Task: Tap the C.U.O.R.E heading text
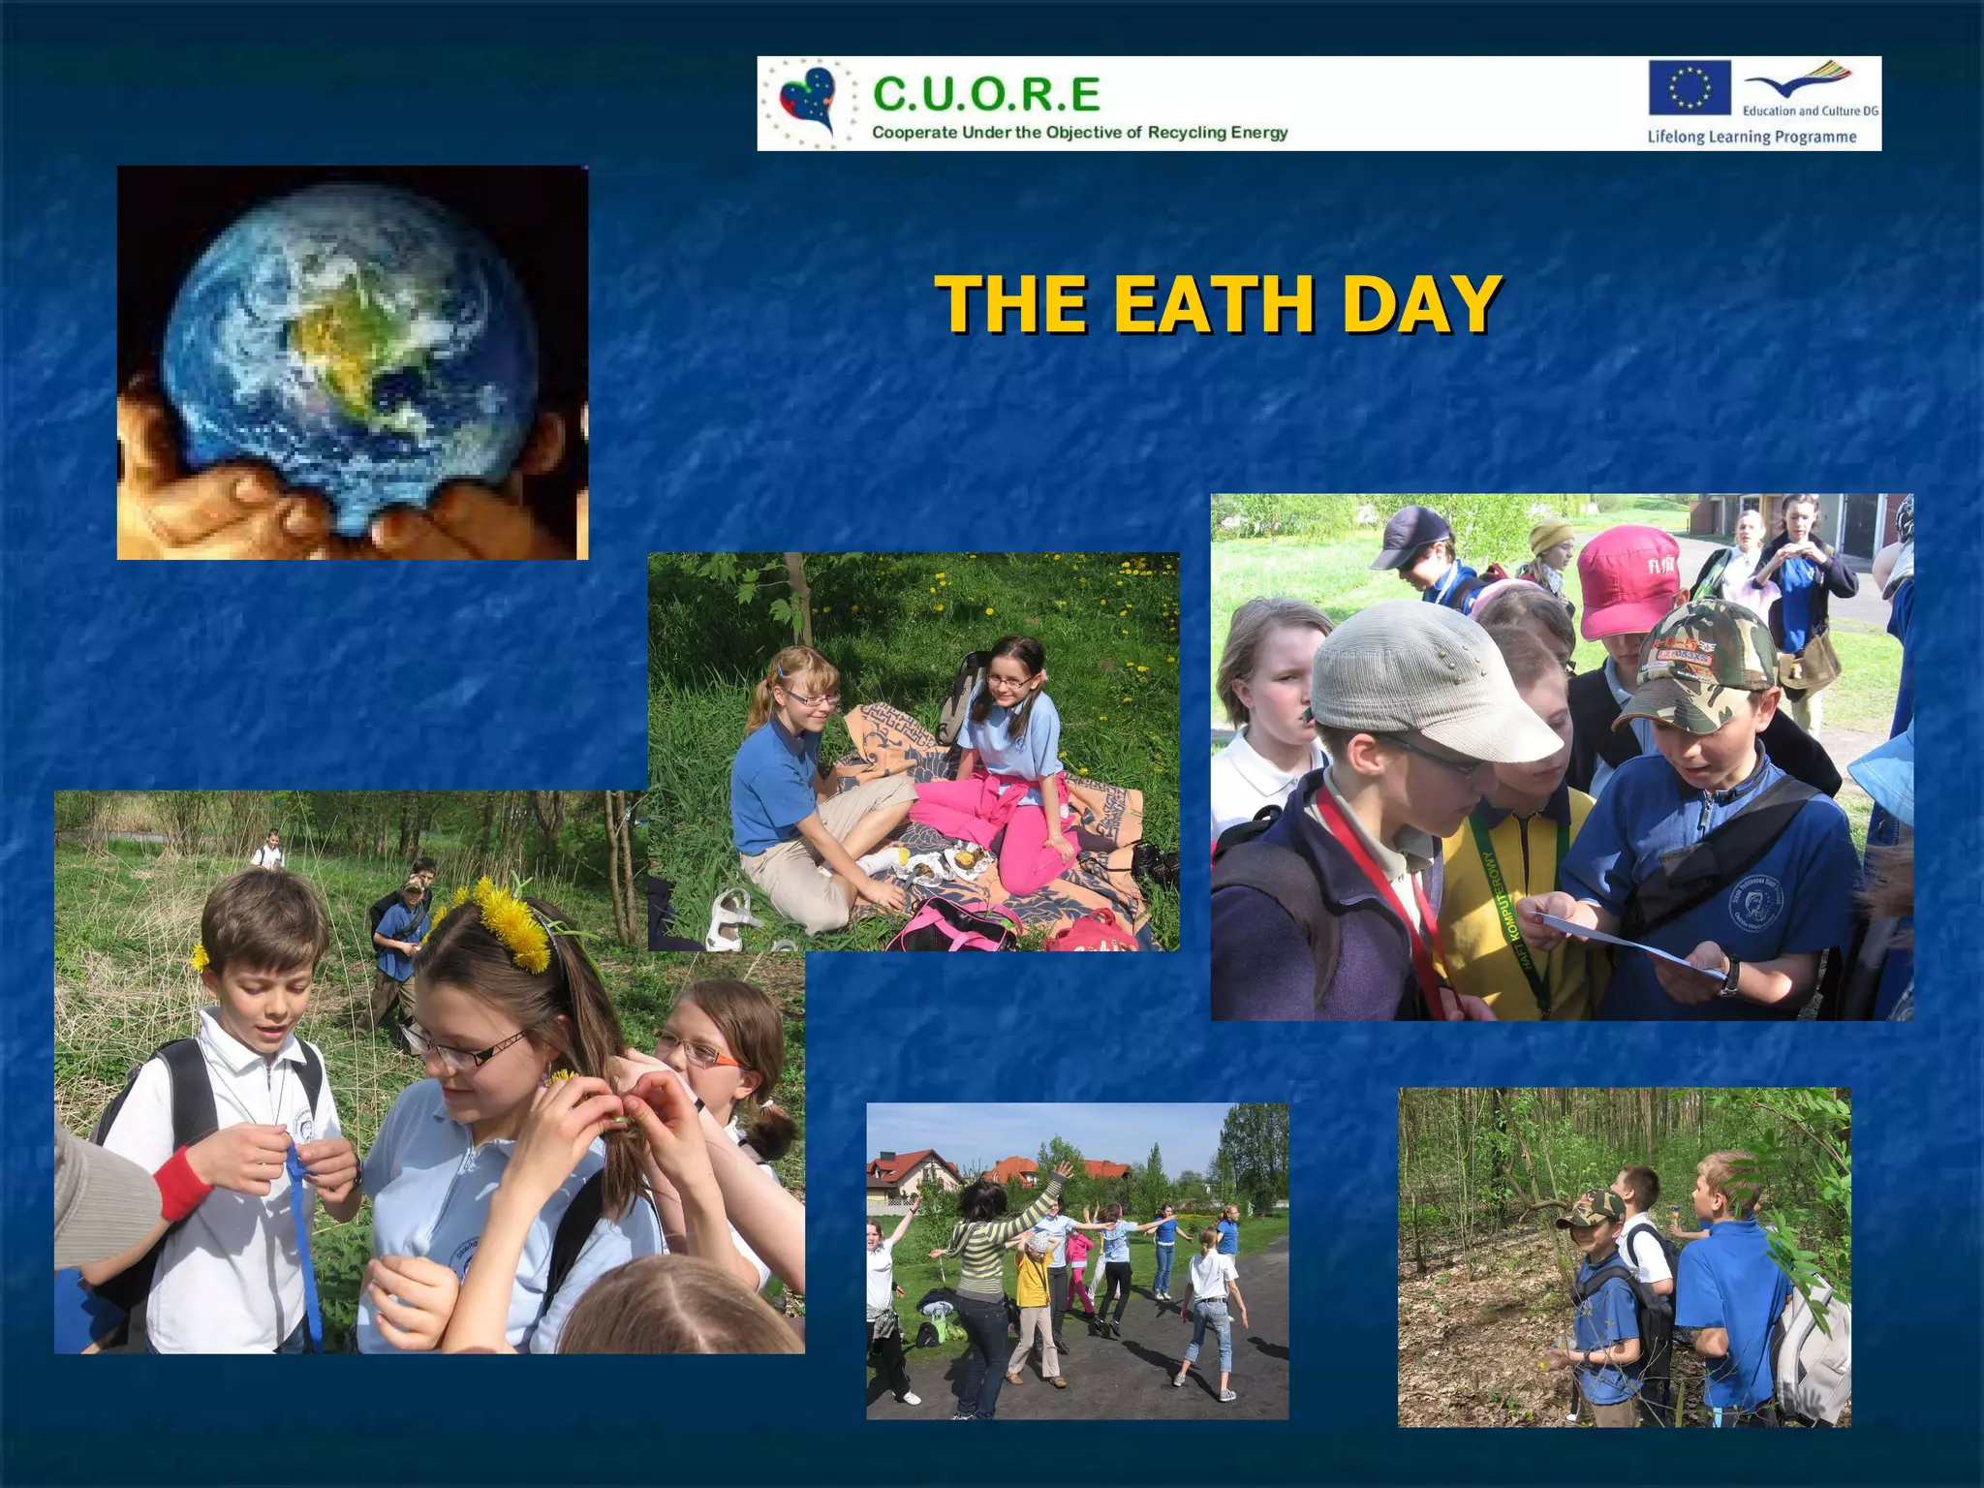(x=986, y=95)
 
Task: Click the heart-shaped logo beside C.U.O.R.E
(x=809, y=101)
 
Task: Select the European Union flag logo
(x=1690, y=88)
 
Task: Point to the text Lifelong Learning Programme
(x=1751, y=137)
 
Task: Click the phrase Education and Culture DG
(x=1810, y=111)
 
